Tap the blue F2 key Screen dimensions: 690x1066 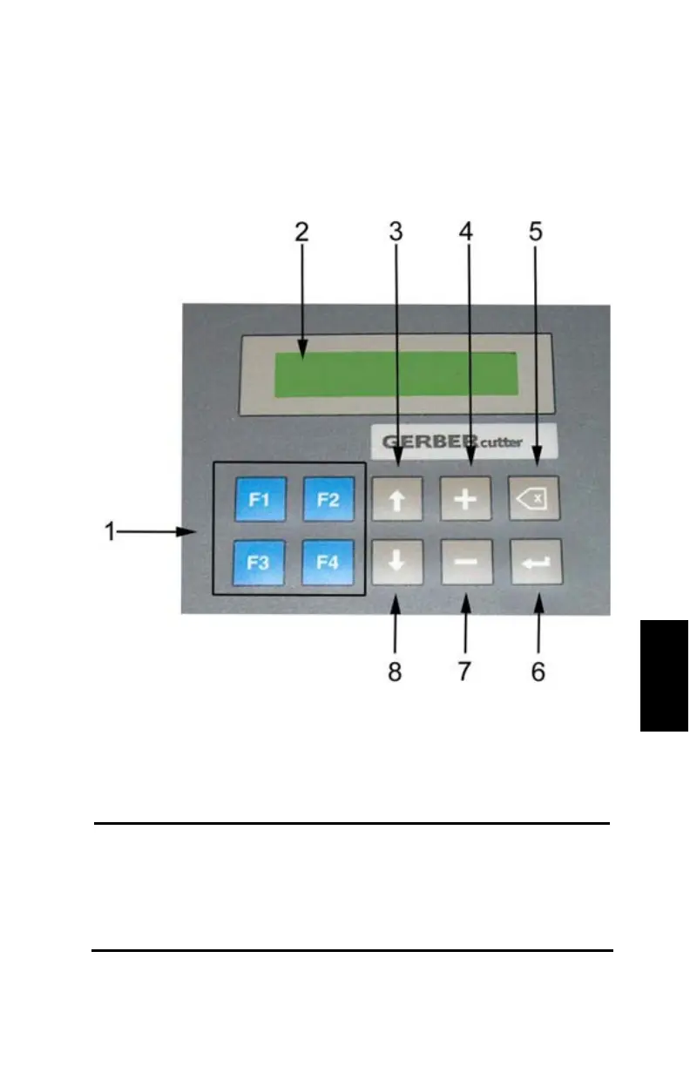[x=328, y=499]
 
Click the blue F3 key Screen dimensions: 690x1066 [x=259, y=563]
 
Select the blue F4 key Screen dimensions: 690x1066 [x=328, y=563]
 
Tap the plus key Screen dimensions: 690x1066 [x=466, y=499]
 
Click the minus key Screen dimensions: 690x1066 [x=466, y=563]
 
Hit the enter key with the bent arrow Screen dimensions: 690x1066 [x=536, y=563]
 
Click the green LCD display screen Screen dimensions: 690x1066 [x=396, y=374]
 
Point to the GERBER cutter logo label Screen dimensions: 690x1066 [x=463, y=442]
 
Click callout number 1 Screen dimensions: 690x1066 [x=111, y=531]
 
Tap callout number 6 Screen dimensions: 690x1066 [x=538, y=672]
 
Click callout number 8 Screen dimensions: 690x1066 [x=396, y=672]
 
